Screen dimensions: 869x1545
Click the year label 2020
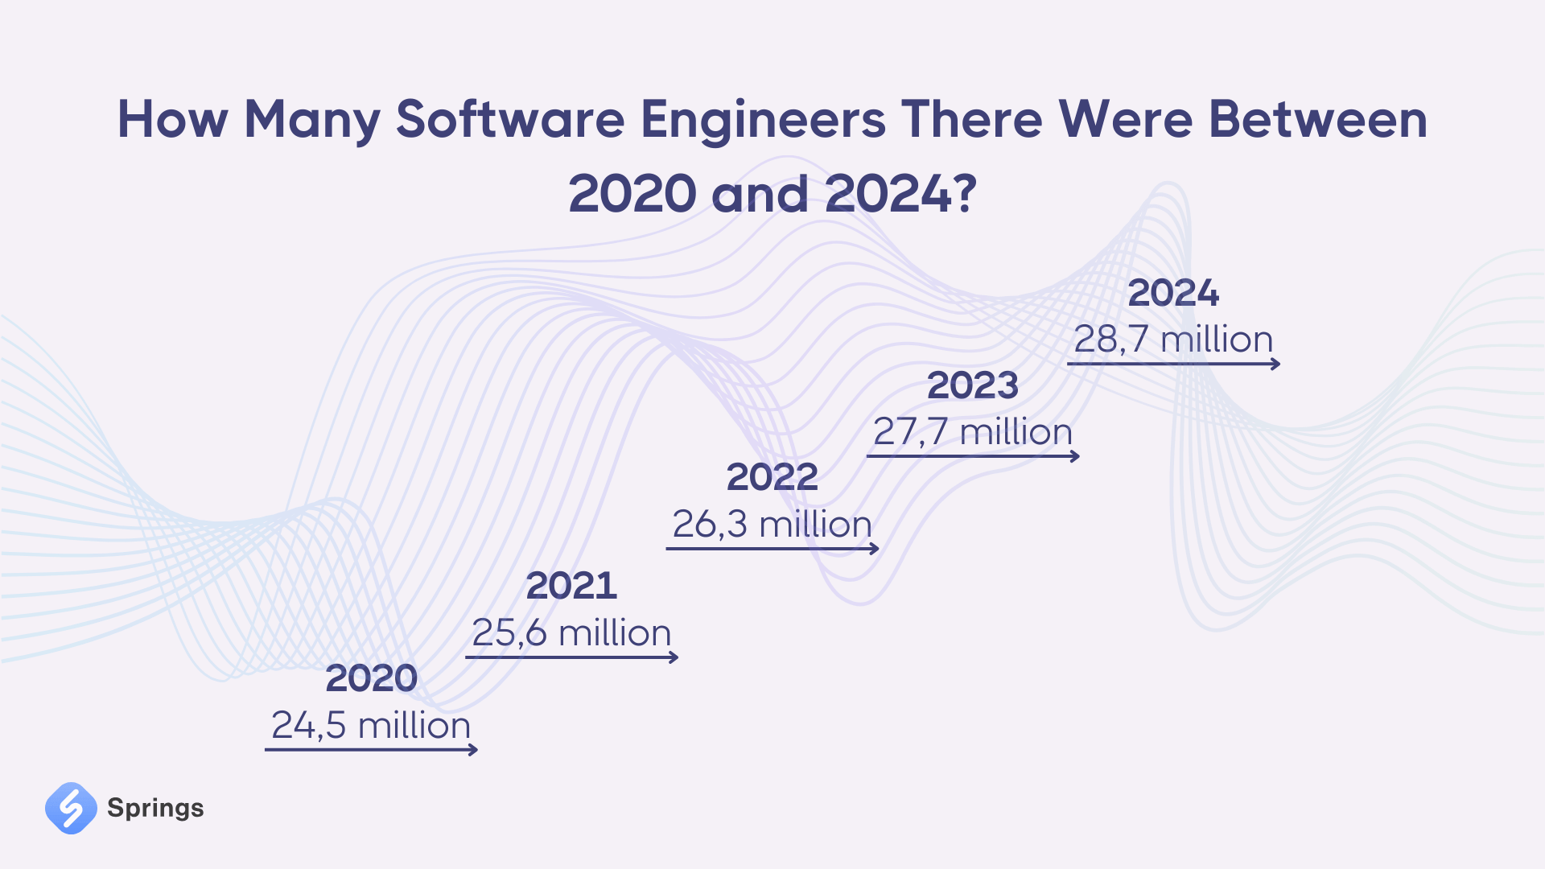click(x=371, y=678)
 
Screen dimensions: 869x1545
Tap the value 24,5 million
click(x=371, y=725)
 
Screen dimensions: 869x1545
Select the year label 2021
click(x=571, y=586)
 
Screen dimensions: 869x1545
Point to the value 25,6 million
click(x=571, y=632)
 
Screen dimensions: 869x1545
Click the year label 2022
click(x=772, y=477)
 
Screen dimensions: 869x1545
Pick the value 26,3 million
click(x=772, y=525)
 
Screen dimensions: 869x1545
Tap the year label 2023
click(x=973, y=385)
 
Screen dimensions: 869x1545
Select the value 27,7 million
click(x=973, y=432)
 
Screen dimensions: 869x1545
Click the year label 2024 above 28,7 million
click(x=1173, y=293)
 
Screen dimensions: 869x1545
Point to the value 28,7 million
click(x=1173, y=340)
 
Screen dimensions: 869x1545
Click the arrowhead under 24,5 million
click(x=474, y=750)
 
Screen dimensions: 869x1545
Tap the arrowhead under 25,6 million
click(x=674, y=657)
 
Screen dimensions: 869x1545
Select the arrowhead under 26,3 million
click(x=875, y=549)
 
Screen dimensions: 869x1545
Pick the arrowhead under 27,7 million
click(x=1075, y=456)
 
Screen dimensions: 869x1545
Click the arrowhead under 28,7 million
click(x=1275, y=364)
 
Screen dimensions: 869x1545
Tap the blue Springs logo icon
click(x=71, y=808)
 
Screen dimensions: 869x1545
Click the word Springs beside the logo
click(x=155, y=808)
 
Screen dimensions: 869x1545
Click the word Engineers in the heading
click(x=763, y=121)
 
